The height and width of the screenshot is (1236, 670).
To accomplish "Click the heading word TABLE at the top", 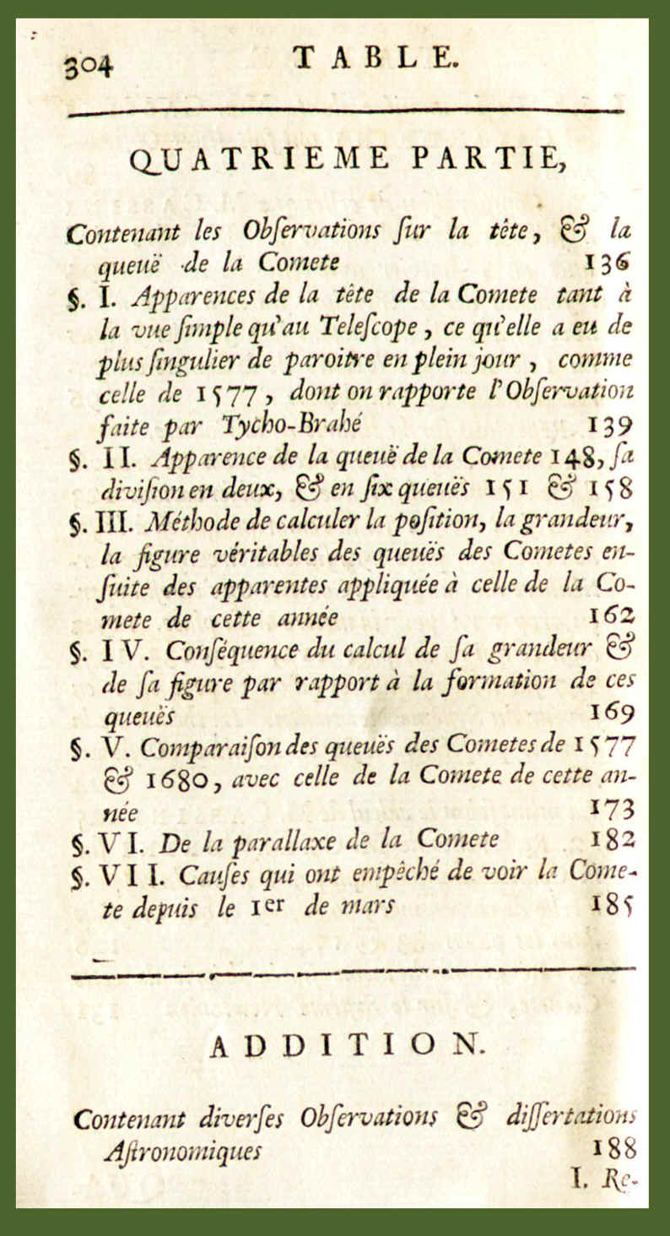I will point(376,57).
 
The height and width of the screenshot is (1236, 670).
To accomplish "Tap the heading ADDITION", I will point(346,1048).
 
